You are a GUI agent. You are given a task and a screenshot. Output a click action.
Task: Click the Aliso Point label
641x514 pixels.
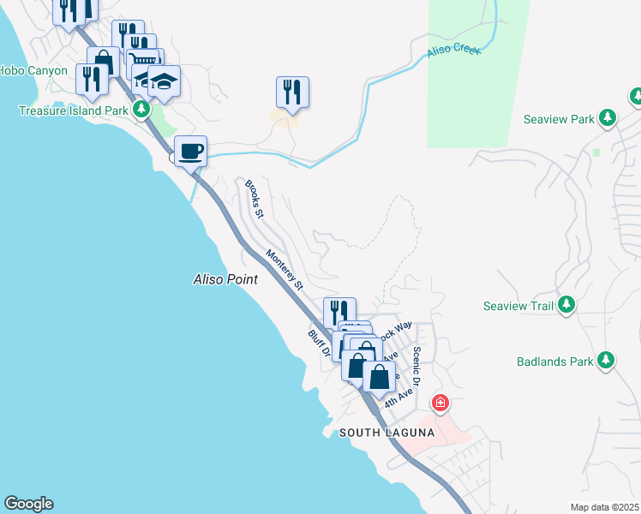click(225, 280)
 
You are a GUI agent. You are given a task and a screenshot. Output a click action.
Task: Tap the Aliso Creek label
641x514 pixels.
click(454, 52)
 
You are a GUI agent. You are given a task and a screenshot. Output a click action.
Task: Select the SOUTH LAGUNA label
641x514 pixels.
click(386, 433)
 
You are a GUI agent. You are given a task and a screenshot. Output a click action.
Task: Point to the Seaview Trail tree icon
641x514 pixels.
click(566, 305)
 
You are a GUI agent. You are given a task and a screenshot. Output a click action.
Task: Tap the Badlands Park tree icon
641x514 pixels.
click(607, 361)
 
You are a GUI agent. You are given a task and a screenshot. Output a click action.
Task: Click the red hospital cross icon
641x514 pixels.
click(440, 402)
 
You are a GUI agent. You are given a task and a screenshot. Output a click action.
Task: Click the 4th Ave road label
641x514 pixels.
click(398, 396)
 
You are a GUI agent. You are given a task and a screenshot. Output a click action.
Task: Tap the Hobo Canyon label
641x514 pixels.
click(33, 70)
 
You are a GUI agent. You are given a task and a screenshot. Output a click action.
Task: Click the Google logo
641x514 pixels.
click(28, 504)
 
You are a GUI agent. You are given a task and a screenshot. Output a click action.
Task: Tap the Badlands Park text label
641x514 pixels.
click(554, 362)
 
